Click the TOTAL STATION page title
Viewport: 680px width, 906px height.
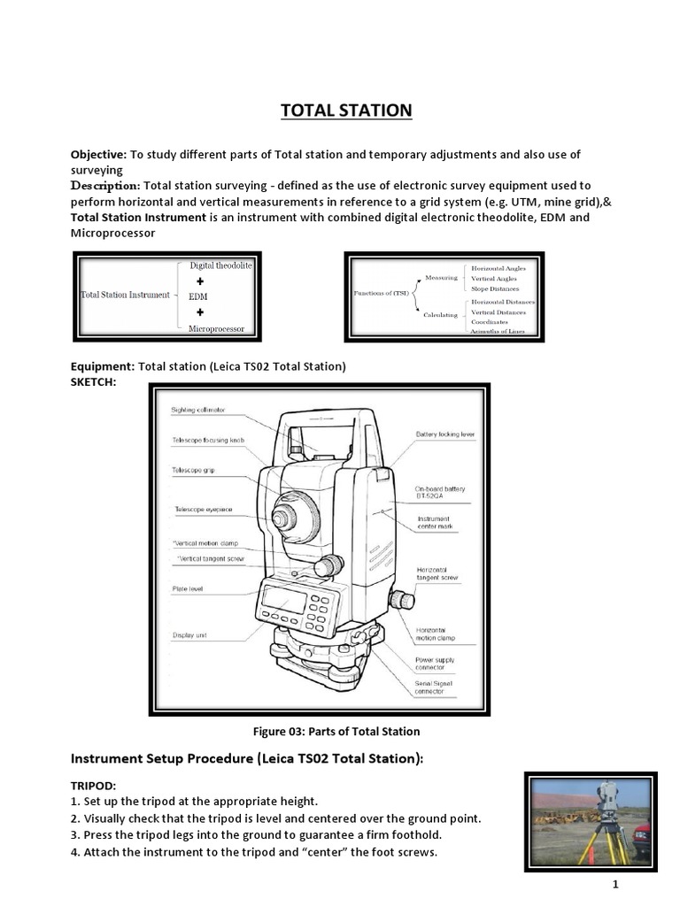346,111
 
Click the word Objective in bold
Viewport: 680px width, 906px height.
98,154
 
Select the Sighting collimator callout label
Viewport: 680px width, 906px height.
197,410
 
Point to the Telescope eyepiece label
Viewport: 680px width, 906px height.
203,509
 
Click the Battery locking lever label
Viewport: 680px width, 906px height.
445,434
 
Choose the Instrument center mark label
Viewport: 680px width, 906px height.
434,523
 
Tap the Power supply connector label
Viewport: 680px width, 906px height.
435,664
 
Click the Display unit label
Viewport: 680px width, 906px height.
189,635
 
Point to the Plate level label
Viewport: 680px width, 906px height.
188,588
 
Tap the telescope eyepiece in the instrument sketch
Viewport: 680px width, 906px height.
284,518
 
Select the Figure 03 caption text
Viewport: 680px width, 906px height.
336,731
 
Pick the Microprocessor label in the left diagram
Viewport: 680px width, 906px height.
216,328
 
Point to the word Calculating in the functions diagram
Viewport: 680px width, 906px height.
441,314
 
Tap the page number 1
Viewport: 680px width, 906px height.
613,885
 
